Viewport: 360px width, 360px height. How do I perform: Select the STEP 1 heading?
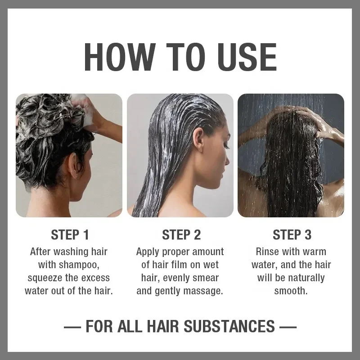70,234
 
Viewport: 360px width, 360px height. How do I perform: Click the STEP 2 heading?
180,234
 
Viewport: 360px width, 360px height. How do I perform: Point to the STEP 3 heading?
291,234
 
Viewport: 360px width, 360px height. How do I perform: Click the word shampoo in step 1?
81,265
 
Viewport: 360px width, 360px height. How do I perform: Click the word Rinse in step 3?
268,252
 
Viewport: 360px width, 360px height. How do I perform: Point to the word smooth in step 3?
291,291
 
